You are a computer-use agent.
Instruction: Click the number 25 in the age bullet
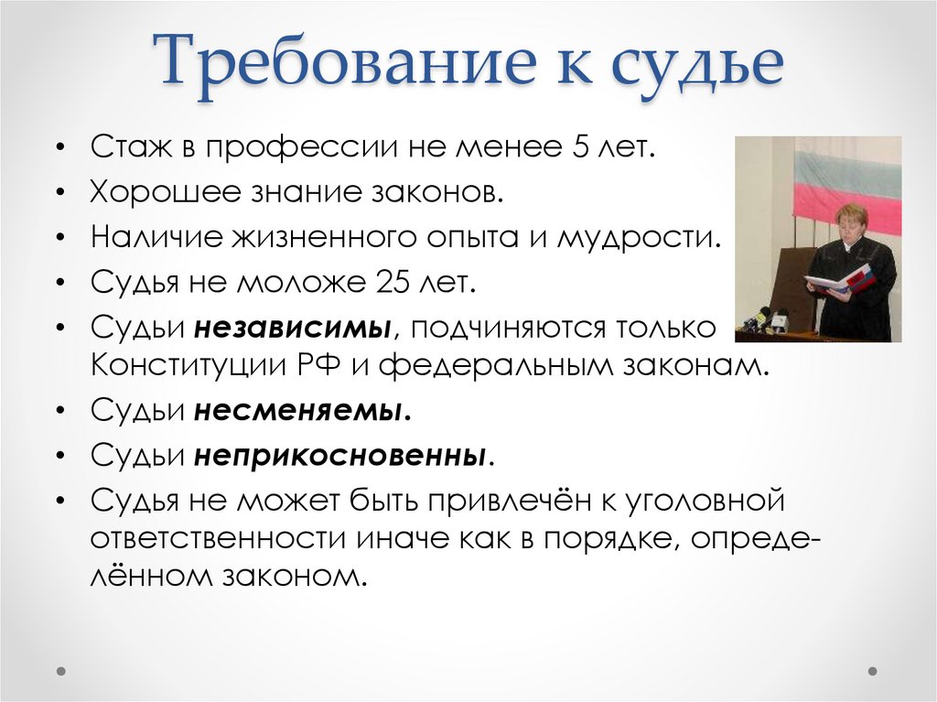click(x=394, y=281)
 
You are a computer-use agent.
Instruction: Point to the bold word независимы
click(x=293, y=327)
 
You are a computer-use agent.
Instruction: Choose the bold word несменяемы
click(x=302, y=411)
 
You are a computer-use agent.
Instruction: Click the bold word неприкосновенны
click(x=339, y=455)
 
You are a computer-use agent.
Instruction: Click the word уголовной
click(x=705, y=500)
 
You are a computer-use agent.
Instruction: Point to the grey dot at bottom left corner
click(x=60, y=671)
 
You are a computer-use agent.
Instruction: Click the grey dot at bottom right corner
click(x=876, y=671)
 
